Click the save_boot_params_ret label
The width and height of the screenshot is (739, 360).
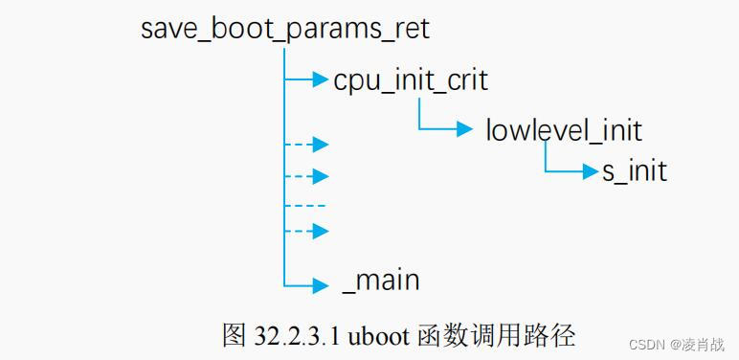coord(285,28)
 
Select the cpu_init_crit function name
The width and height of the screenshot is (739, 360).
coord(411,79)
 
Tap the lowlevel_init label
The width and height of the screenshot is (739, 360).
coord(564,129)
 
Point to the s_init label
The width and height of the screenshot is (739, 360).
coord(634,172)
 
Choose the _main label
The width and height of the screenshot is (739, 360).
coord(381,281)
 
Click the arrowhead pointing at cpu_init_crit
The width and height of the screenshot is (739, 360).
coord(321,79)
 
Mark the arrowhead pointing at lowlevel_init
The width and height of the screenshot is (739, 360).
coord(465,128)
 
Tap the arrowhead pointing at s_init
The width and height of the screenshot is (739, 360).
coord(590,172)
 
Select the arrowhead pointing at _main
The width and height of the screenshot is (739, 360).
coord(321,283)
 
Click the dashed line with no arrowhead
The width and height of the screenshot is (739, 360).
coord(305,206)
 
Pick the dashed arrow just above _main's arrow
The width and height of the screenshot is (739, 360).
coord(307,231)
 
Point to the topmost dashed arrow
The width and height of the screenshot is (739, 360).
coord(307,145)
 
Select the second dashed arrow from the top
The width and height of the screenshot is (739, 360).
coord(307,176)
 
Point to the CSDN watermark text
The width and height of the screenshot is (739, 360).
coord(649,342)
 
